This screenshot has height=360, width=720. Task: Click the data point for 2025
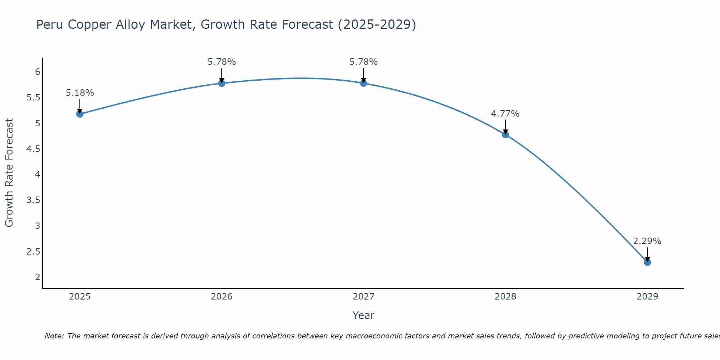pyautogui.click(x=80, y=114)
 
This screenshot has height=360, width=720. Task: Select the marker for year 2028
pyautogui.click(x=505, y=135)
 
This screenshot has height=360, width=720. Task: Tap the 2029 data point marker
pyautogui.click(x=647, y=262)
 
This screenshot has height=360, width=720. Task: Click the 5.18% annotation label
pyautogui.click(x=80, y=93)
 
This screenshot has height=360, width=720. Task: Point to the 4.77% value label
pyautogui.click(x=505, y=114)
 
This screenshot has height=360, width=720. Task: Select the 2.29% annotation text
pyautogui.click(x=647, y=241)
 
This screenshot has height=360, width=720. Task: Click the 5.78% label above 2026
pyautogui.click(x=221, y=62)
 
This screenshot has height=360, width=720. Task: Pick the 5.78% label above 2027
pyautogui.click(x=363, y=62)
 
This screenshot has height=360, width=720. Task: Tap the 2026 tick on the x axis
pyautogui.click(x=221, y=297)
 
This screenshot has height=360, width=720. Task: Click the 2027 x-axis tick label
pyautogui.click(x=363, y=297)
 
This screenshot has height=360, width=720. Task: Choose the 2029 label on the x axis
pyautogui.click(x=647, y=297)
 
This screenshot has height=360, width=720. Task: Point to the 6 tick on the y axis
pyautogui.click(x=37, y=72)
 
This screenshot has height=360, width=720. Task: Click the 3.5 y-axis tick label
pyautogui.click(x=33, y=200)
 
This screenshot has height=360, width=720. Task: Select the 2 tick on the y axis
pyautogui.click(x=37, y=277)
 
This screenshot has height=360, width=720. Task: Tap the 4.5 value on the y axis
pyautogui.click(x=33, y=149)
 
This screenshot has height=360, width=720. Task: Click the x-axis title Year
pyautogui.click(x=363, y=315)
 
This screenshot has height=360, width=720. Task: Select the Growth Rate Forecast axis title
pyautogui.click(x=9, y=172)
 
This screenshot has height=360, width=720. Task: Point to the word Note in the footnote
pyautogui.click(x=54, y=336)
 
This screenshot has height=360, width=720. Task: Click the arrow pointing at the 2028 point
pyautogui.click(x=505, y=127)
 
